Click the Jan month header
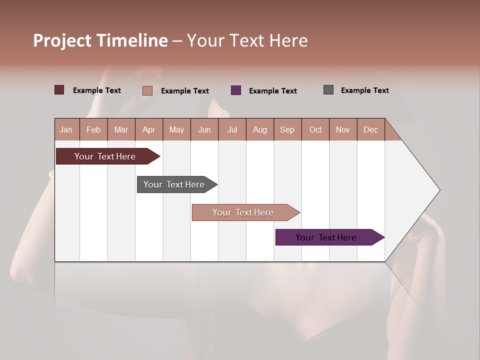click(x=66, y=129)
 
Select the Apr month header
click(x=149, y=129)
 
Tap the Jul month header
click(x=232, y=129)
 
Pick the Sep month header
click(x=287, y=129)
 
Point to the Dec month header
click(x=370, y=129)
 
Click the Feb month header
click(x=93, y=129)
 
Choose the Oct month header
click(x=315, y=129)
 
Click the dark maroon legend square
click(x=59, y=90)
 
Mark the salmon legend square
click(x=147, y=90)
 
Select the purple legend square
click(x=236, y=90)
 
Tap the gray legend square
click(x=328, y=90)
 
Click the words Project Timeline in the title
click(x=100, y=40)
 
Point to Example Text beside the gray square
click(x=364, y=90)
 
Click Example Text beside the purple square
click(x=272, y=91)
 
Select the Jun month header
click(x=204, y=129)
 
